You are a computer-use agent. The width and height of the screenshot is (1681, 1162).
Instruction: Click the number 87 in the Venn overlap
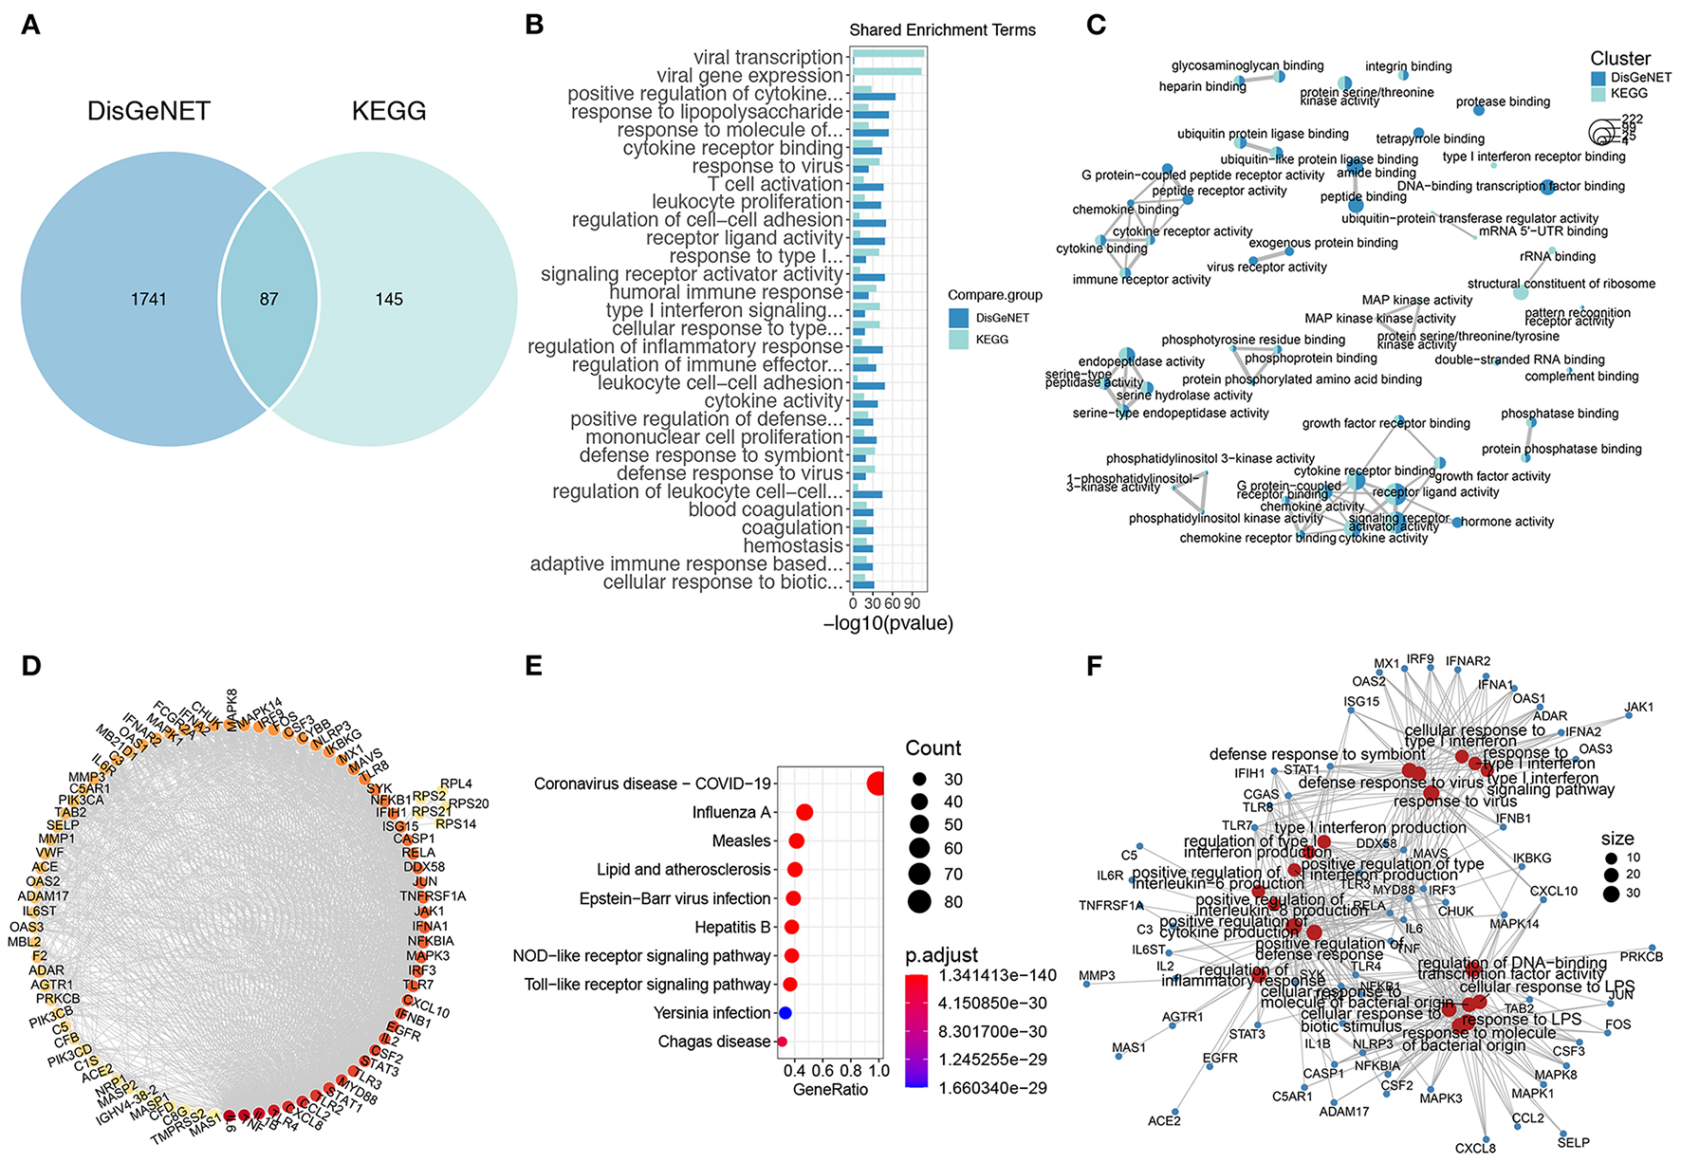(269, 300)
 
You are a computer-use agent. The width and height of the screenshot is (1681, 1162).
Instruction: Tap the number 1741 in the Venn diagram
(149, 300)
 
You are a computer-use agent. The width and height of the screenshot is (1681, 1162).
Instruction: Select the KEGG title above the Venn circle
(389, 111)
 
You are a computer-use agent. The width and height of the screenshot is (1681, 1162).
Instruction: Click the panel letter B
(535, 25)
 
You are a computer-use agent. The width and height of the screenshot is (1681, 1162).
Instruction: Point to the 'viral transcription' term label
(767, 58)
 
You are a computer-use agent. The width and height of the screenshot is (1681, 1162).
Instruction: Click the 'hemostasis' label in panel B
(793, 546)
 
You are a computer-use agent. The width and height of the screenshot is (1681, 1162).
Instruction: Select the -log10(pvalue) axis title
(888, 623)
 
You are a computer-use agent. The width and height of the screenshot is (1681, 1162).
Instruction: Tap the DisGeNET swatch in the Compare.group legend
(958, 318)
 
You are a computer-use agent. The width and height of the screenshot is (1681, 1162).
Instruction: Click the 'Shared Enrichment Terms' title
(942, 30)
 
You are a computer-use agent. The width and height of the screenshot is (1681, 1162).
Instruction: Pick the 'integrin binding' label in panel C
(1408, 66)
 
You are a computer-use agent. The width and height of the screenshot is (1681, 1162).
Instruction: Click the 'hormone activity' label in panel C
(1507, 522)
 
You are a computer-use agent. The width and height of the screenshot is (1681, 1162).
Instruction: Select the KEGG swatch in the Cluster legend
(1598, 93)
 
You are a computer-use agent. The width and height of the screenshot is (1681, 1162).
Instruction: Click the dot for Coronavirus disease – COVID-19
(877, 784)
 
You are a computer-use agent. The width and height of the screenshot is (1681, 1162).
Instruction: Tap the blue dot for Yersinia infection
(785, 1013)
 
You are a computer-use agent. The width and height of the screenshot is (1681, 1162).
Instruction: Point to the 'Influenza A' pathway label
(730, 813)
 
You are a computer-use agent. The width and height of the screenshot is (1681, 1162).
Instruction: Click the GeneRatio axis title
(830, 1090)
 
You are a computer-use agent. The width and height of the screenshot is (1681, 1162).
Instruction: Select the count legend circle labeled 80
(918, 901)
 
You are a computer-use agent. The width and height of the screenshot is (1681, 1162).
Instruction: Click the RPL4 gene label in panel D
(456, 784)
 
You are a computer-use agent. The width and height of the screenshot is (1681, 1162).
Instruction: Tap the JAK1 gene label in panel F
(1638, 707)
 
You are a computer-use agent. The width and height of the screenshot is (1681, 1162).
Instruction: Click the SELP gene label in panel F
(1573, 1142)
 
